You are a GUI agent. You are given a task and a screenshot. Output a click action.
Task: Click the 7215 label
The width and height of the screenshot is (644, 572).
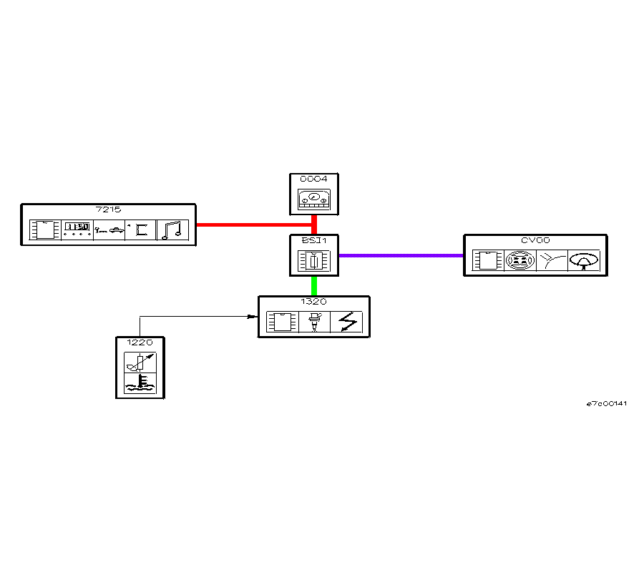[x=108, y=209]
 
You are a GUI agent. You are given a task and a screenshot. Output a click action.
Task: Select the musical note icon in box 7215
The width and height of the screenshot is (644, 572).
[x=172, y=230]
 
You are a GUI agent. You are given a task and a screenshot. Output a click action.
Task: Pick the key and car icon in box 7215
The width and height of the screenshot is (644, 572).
[x=109, y=230]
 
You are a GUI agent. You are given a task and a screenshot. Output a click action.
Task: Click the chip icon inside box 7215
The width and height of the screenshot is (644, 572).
[x=44, y=230]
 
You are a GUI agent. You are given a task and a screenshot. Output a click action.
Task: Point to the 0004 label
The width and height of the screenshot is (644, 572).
[x=313, y=179]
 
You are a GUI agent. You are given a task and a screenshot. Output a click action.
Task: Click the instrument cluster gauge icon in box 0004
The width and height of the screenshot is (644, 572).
[x=314, y=199]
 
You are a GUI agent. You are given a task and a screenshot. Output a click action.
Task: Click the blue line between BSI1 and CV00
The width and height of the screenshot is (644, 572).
[x=401, y=255]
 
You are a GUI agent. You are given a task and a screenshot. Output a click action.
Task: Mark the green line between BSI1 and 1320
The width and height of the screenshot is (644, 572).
[x=314, y=286]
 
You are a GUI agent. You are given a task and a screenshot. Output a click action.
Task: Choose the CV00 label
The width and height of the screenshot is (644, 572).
[x=535, y=241]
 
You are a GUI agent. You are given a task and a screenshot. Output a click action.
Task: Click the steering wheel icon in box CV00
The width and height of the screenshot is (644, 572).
[x=584, y=261]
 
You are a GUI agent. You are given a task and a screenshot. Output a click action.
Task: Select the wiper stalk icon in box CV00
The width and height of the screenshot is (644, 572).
[x=552, y=261]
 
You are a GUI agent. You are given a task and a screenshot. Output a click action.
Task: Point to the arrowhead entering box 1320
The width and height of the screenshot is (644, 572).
[x=253, y=316]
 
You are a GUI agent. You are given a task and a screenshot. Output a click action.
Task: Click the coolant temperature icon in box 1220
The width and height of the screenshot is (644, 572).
[x=140, y=384]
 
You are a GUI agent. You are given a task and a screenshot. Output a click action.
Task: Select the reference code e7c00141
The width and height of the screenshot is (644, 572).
[x=607, y=404]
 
